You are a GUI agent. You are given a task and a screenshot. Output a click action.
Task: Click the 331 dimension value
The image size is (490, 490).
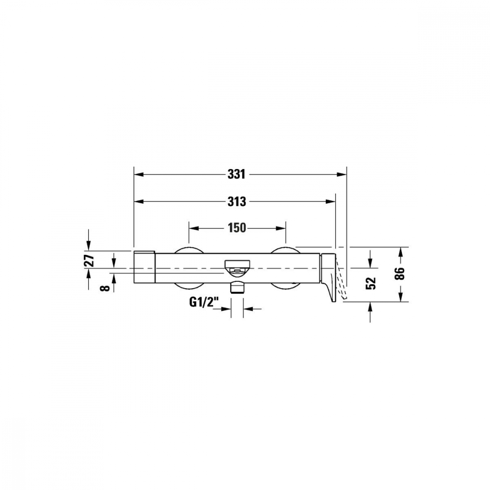[236, 174]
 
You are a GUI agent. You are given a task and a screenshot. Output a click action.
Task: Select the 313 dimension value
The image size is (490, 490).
[236, 201]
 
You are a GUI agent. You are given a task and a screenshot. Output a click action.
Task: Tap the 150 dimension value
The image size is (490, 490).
[236, 228]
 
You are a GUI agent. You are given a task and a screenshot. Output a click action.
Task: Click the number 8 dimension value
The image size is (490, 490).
[103, 287]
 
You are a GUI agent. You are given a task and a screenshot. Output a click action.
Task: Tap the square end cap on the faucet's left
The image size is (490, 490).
[145, 266]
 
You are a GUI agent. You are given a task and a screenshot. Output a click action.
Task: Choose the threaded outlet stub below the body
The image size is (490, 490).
[238, 286]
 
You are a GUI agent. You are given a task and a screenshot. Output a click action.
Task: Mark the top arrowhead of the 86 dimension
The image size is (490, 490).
[401, 251]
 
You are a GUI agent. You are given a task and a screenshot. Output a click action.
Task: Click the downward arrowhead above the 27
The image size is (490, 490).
[89, 245]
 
